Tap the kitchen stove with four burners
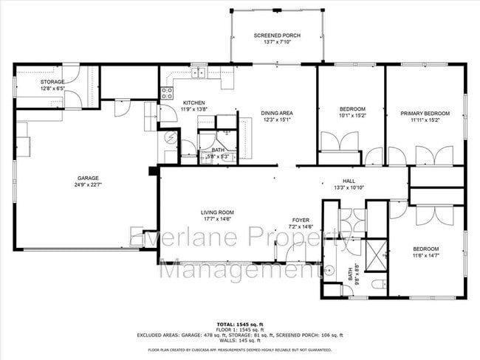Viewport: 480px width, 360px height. point(167,92)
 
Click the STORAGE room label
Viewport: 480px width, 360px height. point(52,82)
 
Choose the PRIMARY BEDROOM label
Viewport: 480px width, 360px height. point(425,114)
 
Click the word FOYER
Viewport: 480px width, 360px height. point(300,219)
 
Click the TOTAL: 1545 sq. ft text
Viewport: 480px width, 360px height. point(239,324)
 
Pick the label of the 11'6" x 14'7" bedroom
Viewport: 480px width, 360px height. point(426,249)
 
